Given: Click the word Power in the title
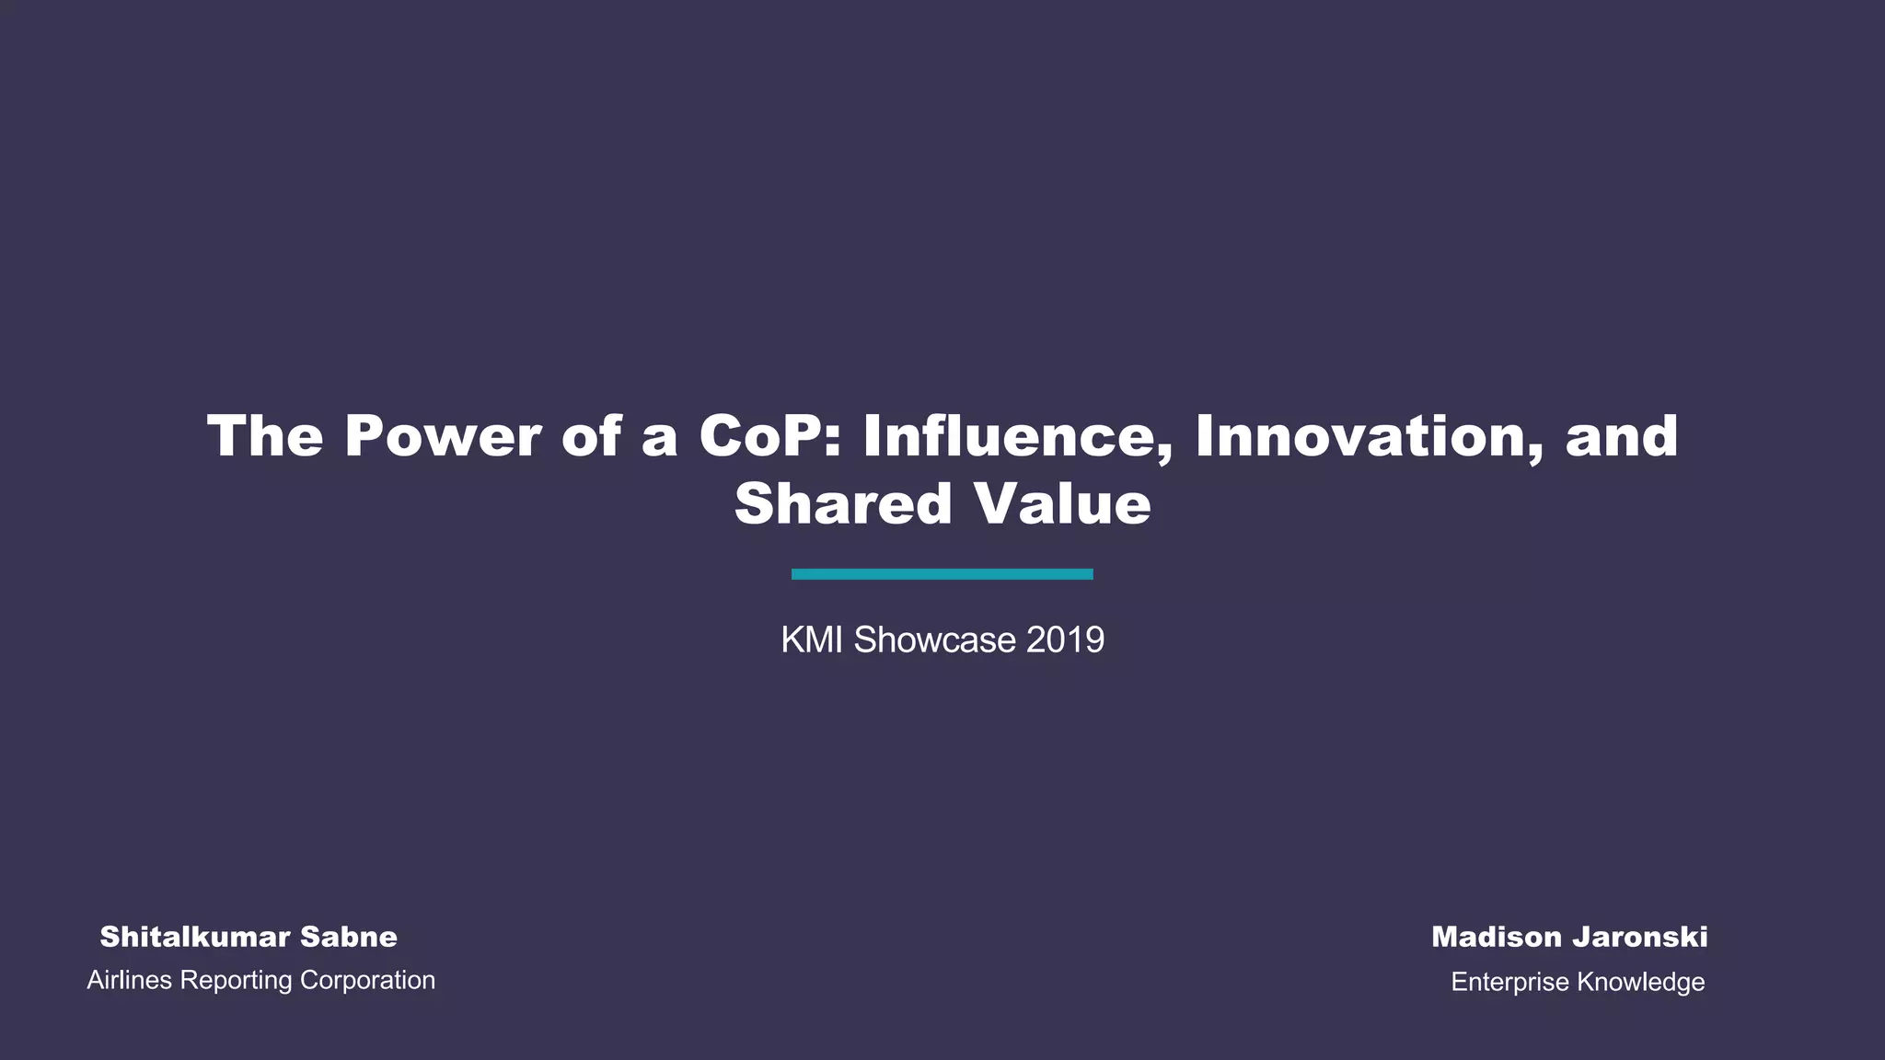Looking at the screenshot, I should click(442, 436).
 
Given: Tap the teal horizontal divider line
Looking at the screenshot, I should click(942, 574).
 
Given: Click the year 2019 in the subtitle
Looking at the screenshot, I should click(1065, 639).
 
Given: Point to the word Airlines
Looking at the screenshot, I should click(130, 980).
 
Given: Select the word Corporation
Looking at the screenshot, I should click(367, 981).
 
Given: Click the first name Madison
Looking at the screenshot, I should click(1496, 937).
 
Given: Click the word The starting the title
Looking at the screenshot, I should click(265, 436).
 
